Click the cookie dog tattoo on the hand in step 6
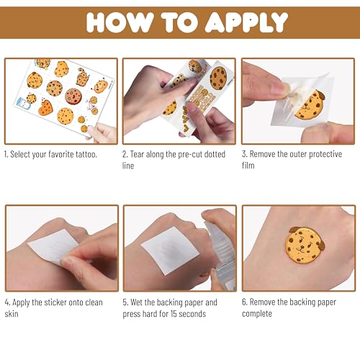[304, 249]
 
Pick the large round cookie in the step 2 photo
[218, 76]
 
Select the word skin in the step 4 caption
[15, 314]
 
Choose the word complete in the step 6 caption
[257, 314]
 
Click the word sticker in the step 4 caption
[58, 302]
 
